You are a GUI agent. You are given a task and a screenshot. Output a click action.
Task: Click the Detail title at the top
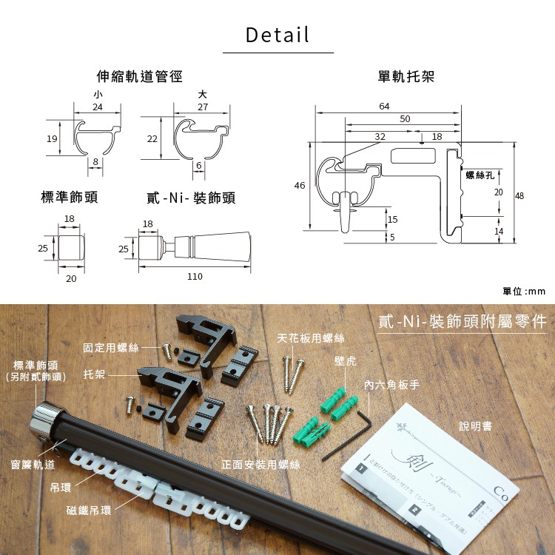point(277,35)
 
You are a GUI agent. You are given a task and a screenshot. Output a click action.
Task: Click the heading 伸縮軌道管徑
point(140,76)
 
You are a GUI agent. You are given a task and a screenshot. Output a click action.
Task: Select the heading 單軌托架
point(406,76)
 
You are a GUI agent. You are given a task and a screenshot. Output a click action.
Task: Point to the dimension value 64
point(384,107)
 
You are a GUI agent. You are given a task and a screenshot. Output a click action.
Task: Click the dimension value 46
point(300,186)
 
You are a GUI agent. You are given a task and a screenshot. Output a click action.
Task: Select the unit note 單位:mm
point(523,291)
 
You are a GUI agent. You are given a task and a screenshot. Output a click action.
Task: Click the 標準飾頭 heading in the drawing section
point(69,198)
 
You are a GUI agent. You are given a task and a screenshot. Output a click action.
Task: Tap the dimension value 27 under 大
point(203,107)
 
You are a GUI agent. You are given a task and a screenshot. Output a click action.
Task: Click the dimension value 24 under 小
point(98,107)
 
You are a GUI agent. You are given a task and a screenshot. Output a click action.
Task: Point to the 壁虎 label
point(345,361)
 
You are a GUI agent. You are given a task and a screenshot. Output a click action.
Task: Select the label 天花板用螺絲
point(311,338)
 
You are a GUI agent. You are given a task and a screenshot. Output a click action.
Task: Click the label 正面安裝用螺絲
point(261,465)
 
